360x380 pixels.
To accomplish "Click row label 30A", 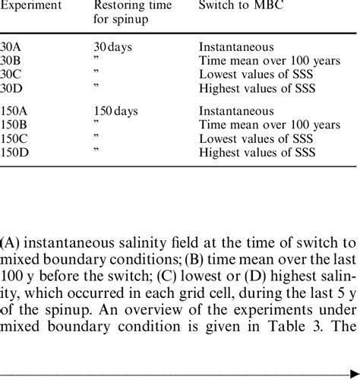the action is (x=11, y=47).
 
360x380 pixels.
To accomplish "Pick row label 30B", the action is (x=11, y=61).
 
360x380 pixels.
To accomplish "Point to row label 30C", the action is (x=11, y=74).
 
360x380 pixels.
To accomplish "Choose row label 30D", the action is (x=11, y=87).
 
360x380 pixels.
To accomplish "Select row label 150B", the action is (x=15, y=124).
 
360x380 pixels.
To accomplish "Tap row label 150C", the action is (x=15, y=138).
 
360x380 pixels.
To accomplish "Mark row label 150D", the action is (x=15, y=151).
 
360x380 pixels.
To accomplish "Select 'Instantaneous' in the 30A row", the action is (x=236, y=47).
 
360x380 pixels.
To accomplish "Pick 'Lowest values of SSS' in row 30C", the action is (x=257, y=74).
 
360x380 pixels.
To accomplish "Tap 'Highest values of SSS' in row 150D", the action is (x=258, y=151).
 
